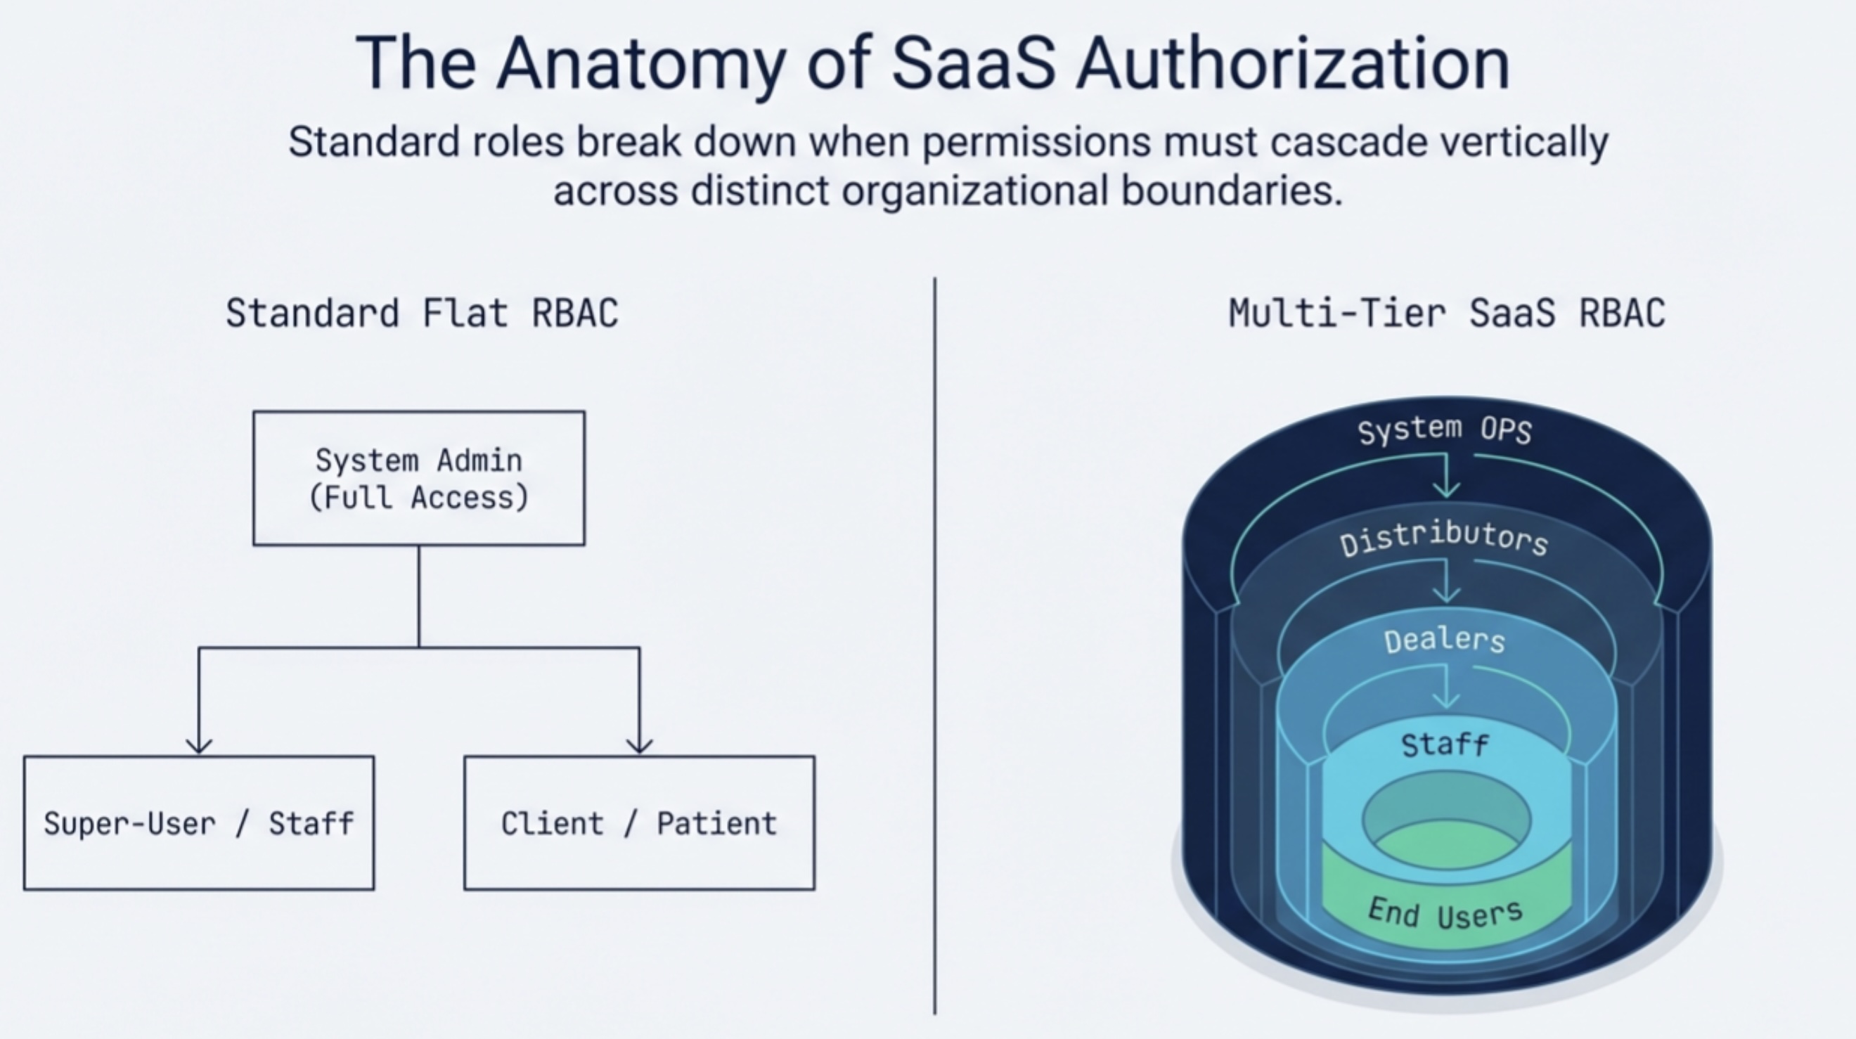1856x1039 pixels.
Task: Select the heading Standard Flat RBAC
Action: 422,314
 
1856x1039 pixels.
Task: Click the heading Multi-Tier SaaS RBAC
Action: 1447,314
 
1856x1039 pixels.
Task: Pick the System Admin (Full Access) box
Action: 418,479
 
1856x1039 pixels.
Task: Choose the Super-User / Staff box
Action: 199,823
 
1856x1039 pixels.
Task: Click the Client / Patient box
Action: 639,823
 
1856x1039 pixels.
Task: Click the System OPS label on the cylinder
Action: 1445,430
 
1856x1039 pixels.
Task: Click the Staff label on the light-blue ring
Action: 1445,744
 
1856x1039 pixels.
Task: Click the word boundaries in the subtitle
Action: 1232,191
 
